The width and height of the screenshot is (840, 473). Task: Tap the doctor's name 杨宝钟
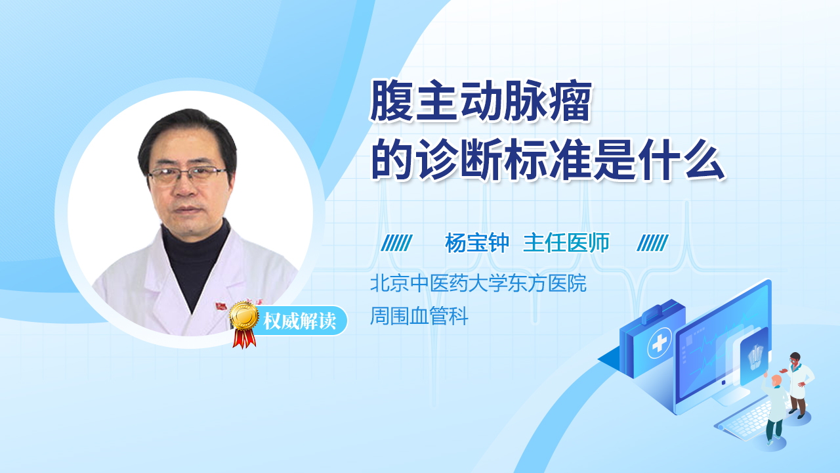[477, 244]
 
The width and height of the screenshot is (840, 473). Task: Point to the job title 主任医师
[566, 244]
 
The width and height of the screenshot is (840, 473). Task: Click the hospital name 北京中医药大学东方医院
[478, 284]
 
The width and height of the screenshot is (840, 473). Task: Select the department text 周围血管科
[419, 317]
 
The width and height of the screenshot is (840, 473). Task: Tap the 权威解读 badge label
[299, 321]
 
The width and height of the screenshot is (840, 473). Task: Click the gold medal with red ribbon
[243, 320]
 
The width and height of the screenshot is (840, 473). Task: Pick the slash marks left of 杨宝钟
[396, 244]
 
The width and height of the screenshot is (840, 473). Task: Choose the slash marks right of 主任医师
[652, 244]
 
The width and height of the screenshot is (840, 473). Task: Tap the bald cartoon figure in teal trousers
[775, 407]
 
